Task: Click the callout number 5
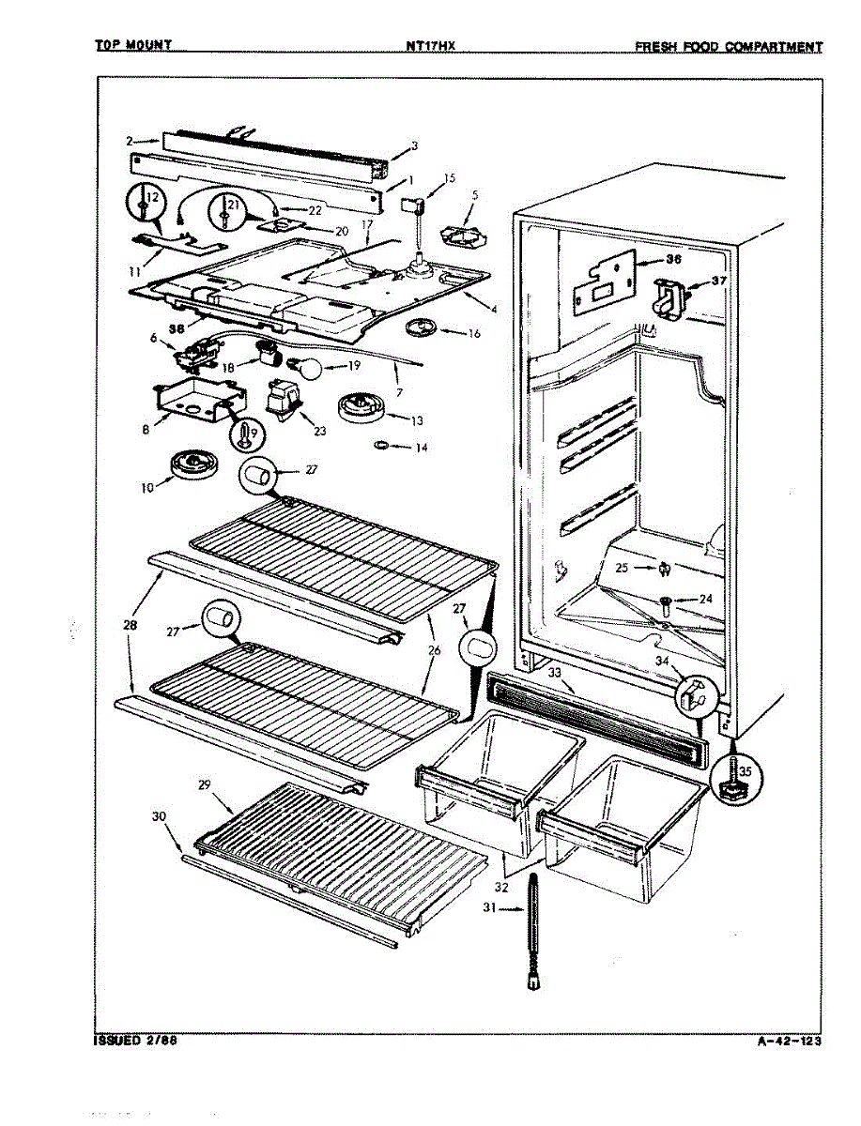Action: [x=475, y=195]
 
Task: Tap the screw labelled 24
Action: [x=665, y=601]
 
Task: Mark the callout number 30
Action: [x=159, y=817]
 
